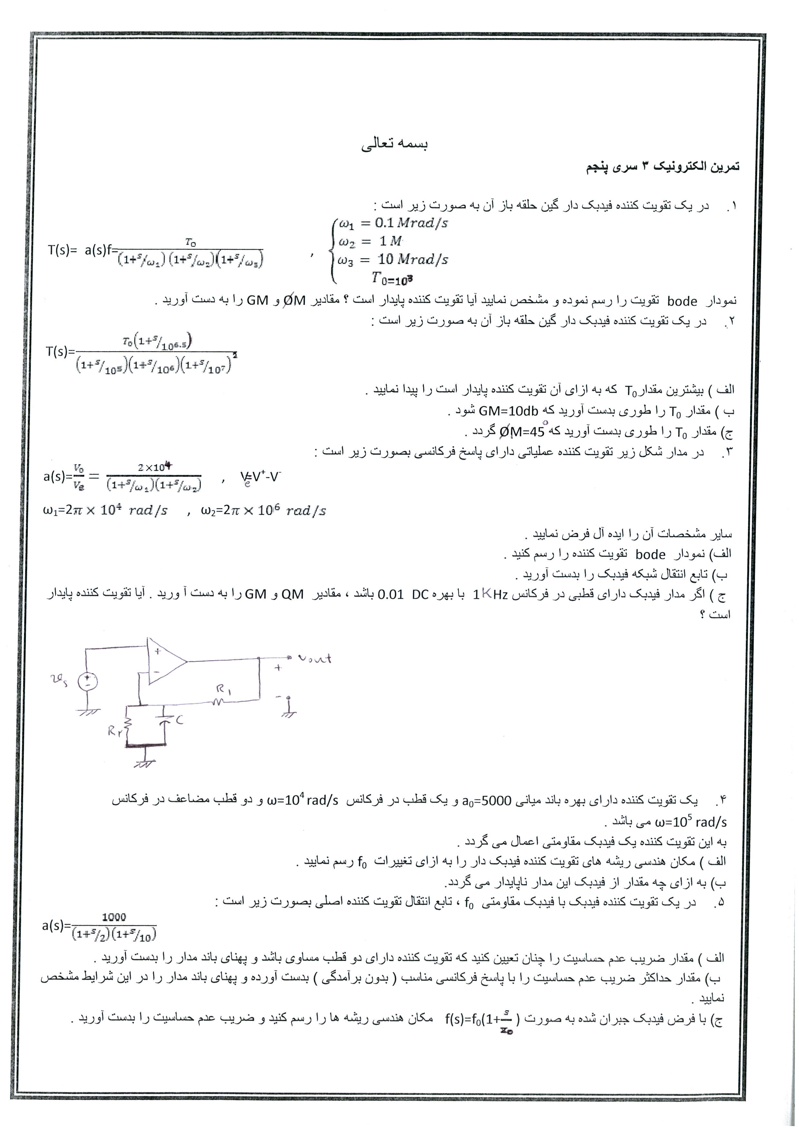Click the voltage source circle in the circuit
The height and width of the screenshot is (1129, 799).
tap(88, 681)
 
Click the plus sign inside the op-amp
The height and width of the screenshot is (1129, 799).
tap(158, 651)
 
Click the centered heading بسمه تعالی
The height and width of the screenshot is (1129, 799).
tap(395, 144)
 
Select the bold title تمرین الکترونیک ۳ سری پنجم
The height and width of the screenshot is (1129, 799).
tap(662, 167)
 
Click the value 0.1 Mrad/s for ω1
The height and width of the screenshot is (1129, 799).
tap(411, 223)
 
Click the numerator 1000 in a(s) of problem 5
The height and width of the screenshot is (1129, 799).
tap(114, 917)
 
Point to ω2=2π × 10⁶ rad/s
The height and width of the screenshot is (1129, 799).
tap(263, 511)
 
